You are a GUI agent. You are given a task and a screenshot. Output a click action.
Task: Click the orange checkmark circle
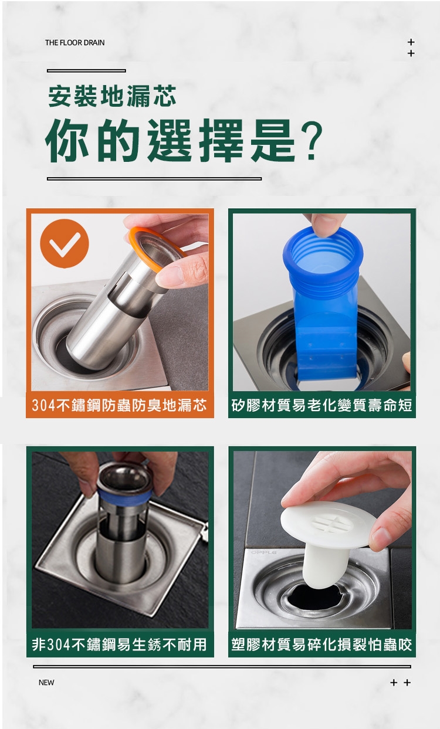65,243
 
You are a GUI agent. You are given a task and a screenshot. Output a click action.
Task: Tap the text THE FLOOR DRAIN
75,43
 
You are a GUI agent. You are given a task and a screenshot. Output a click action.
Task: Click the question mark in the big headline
311,141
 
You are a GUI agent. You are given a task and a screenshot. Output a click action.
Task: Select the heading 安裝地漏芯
112,96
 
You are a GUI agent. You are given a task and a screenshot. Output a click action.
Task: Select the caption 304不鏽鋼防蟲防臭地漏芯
119,405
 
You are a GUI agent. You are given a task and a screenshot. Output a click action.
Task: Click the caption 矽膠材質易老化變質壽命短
322,405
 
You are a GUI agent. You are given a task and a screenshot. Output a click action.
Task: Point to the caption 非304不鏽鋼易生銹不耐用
119,644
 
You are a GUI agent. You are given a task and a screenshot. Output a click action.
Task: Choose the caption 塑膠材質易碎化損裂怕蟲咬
322,644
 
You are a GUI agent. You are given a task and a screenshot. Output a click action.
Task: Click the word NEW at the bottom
46,683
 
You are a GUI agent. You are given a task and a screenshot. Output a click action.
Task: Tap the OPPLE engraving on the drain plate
264,552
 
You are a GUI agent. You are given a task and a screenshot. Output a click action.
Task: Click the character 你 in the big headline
67,141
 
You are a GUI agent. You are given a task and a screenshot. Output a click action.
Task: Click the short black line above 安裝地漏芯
86,70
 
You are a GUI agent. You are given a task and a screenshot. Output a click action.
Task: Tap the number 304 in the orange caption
43,406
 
